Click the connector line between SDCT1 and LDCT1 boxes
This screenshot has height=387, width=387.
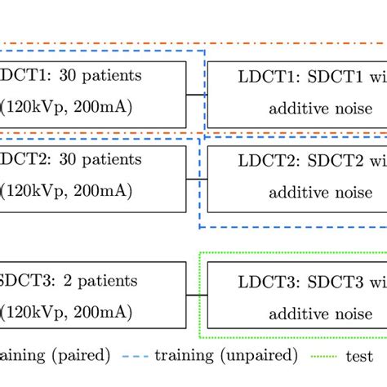pyautogui.click(x=196, y=94)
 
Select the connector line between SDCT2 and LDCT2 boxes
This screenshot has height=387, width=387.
pyautogui.click(x=196, y=176)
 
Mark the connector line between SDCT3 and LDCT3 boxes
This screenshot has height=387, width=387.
pyautogui.click(x=196, y=295)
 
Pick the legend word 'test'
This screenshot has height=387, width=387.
pyautogui.click(x=359, y=357)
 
